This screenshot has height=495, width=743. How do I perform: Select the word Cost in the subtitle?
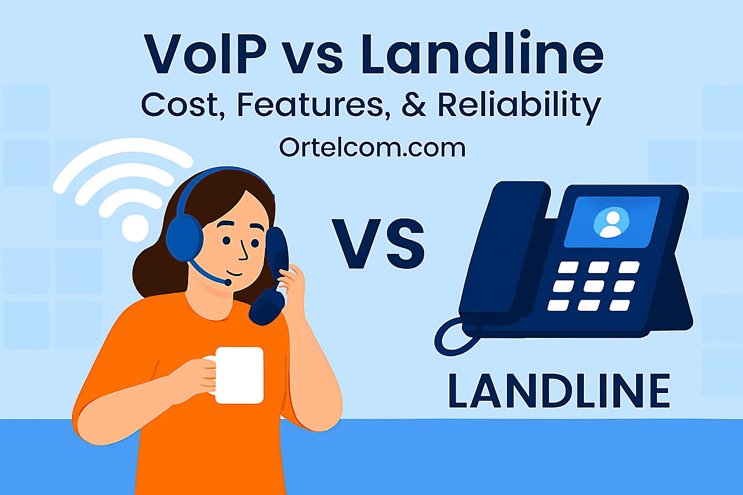(x=182, y=105)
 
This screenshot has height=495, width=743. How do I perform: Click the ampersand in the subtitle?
(x=414, y=105)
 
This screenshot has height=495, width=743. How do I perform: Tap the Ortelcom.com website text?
(x=372, y=147)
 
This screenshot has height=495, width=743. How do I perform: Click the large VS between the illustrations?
(x=378, y=245)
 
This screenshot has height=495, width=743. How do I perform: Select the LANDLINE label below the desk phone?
(x=559, y=391)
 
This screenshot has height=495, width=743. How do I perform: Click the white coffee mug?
(x=239, y=375)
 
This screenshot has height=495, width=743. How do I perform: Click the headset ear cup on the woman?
(x=184, y=238)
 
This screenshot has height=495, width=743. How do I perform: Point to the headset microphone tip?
(x=227, y=282)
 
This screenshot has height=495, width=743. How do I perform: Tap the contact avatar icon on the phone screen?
(x=611, y=223)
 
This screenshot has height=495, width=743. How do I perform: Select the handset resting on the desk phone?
(x=503, y=251)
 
